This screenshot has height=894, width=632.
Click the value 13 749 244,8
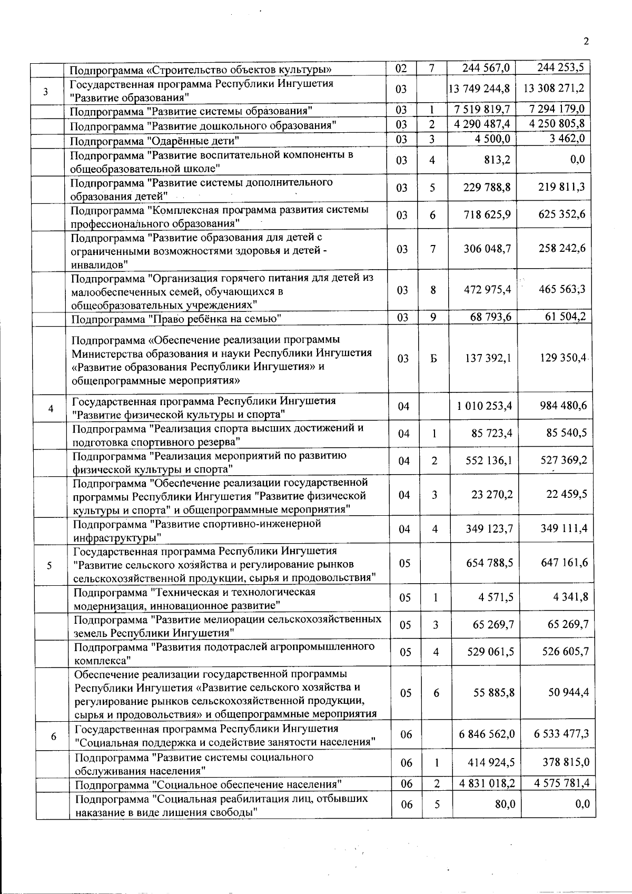[x=479, y=89]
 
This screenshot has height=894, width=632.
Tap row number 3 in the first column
[x=46, y=91]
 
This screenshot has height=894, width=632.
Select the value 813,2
[x=497, y=160]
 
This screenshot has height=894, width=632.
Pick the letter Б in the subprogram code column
[x=433, y=358]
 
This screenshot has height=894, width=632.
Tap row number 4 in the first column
[x=51, y=409]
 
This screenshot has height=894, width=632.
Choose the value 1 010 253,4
[x=486, y=406]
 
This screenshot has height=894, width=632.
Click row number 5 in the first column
[x=49, y=566]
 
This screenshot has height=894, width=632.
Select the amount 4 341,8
[x=571, y=597]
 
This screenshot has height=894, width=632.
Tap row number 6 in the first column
[x=53, y=737]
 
